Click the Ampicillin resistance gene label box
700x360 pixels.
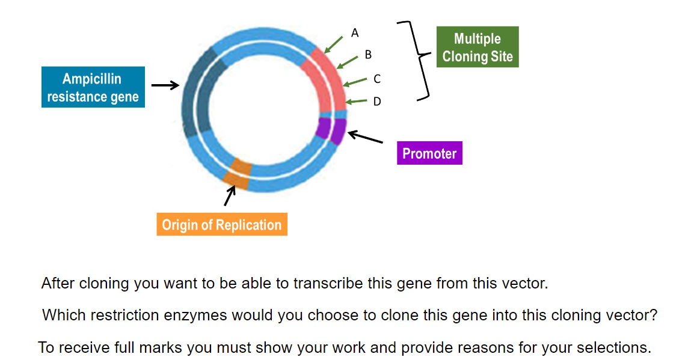coord(93,87)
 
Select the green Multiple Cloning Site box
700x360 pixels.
coord(477,47)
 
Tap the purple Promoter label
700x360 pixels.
coord(429,153)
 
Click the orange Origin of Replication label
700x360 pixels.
coord(221,225)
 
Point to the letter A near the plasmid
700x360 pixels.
coord(355,32)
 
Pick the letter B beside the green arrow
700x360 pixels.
coord(368,55)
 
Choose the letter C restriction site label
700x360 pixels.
coord(376,79)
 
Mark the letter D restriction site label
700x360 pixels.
coord(377,102)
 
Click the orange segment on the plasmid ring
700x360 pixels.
coord(237,173)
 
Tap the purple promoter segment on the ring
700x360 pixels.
coord(331,129)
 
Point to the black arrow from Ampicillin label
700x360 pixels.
coord(165,85)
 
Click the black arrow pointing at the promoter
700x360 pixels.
coord(365,137)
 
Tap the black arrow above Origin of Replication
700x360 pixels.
coord(230,196)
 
